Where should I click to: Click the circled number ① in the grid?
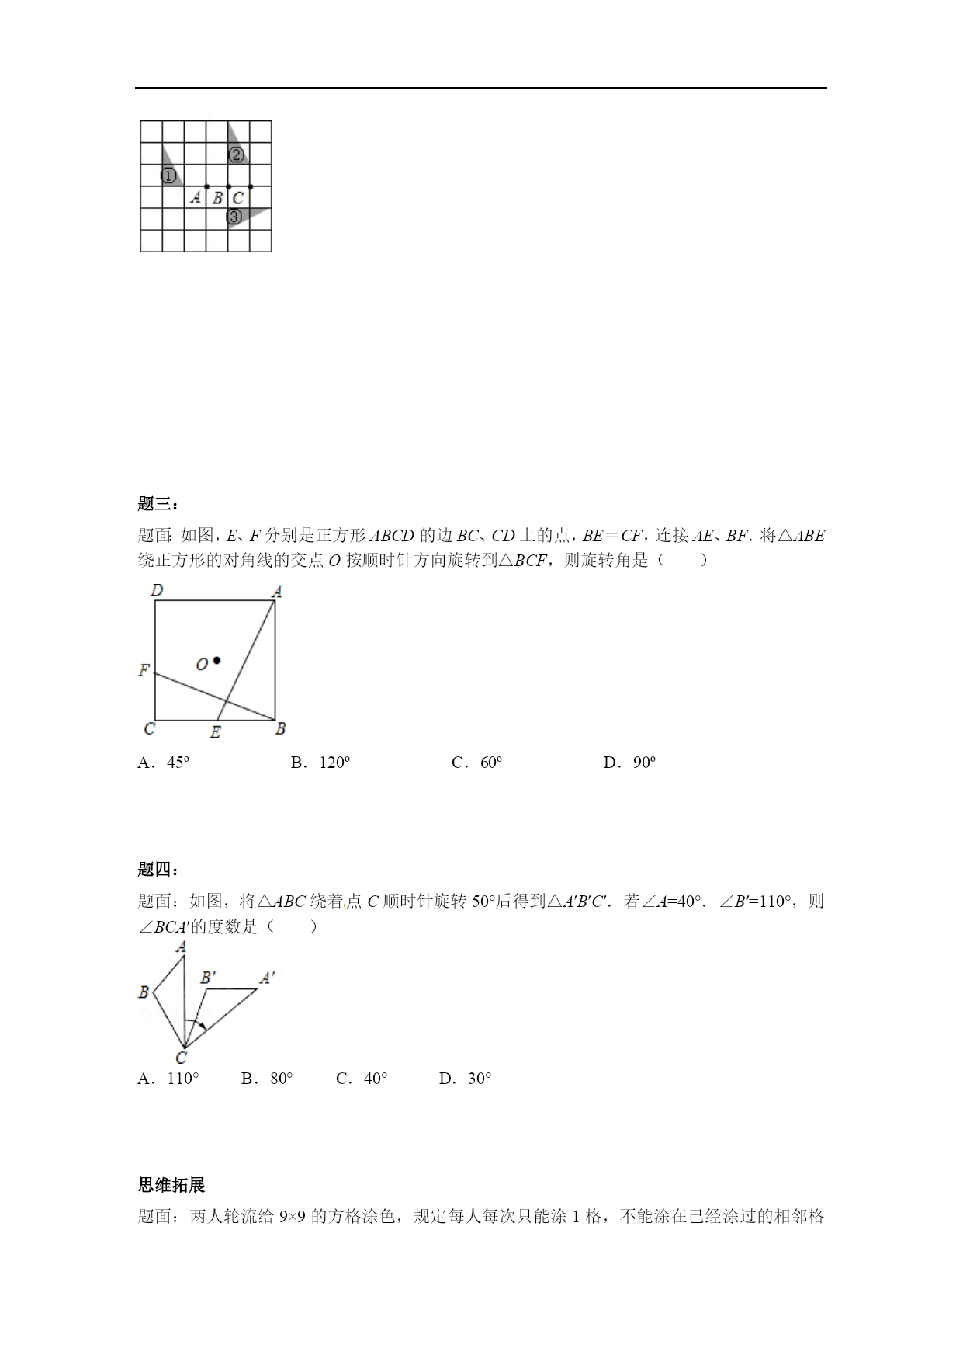point(168,176)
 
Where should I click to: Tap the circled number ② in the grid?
point(237,155)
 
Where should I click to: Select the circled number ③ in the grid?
point(234,217)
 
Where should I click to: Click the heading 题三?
point(158,504)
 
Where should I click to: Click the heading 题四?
point(158,870)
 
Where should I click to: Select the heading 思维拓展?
point(171,1185)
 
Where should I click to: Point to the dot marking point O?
point(217,661)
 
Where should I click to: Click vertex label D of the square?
point(157,591)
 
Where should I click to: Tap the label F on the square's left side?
point(144,670)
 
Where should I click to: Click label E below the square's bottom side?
point(215,731)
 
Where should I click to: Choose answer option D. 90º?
point(629,763)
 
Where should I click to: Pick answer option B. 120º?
point(320,763)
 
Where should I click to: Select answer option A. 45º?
point(164,763)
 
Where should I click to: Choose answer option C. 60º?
point(476,763)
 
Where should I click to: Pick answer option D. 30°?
point(465,1078)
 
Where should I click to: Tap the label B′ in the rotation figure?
point(208,978)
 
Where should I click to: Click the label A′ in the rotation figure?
point(267,978)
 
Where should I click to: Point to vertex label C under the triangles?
point(181,1058)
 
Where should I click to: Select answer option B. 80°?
point(267,1078)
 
